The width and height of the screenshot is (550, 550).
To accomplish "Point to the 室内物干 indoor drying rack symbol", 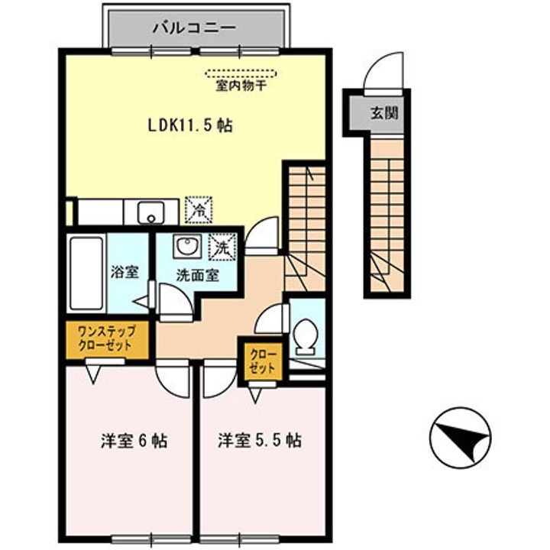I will tap(241, 74).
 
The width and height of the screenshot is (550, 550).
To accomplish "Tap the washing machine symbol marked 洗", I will tap(222, 247).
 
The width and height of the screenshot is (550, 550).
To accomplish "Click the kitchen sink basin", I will tap(150, 212).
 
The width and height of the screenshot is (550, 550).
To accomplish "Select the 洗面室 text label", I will tap(198, 275).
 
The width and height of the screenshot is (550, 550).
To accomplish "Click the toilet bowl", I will tap(306, 338).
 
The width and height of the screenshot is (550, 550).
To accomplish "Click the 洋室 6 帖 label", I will tap(134, 441).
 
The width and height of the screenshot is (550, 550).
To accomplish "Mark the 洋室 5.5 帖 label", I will tap(259, 441).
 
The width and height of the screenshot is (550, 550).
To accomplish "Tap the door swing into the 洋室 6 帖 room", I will tap(174, 377).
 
